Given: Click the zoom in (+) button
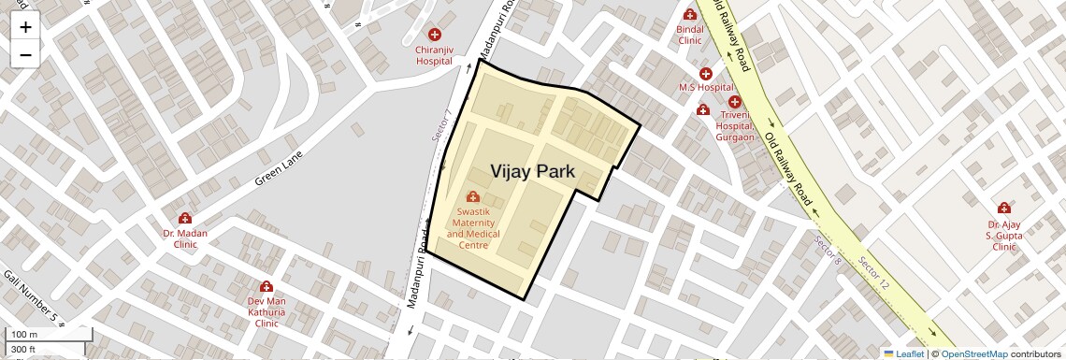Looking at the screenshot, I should click(25, 27).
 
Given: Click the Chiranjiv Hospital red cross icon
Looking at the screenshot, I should click(434, 35).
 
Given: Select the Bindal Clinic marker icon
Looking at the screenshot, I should click(690, 15).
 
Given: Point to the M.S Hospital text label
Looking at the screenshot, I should click(706, 87).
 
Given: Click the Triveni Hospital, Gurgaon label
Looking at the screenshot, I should click(735, 125).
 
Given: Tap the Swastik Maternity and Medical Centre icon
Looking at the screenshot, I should click(473, 196).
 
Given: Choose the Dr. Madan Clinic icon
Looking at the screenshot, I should click(185, 219).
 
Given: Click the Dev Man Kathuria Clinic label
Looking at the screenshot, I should click(266, 312).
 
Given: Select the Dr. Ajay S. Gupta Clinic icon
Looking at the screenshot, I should click(1003, 208).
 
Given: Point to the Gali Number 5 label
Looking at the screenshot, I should click(31, 297).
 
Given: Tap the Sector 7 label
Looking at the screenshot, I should click(442, 125).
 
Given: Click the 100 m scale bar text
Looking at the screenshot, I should click(24, 335).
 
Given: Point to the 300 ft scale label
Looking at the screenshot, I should click(23, 350).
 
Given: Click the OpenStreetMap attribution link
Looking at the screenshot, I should click(974, 353).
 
